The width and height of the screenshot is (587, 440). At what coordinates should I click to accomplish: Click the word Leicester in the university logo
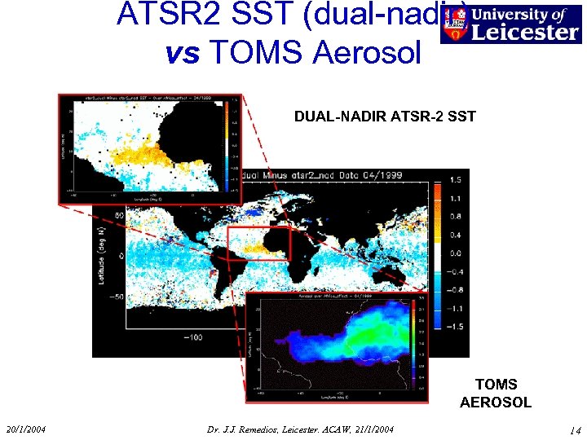[523, 32]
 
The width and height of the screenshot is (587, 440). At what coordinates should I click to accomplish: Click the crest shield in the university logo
[454, 24]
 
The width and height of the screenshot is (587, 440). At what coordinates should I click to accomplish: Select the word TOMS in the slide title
[250, 51]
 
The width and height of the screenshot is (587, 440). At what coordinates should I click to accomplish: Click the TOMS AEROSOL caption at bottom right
[496, 393]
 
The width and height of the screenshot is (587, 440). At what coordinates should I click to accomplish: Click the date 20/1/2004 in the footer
[25, 429]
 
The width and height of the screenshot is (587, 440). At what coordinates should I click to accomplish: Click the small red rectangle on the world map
[258, 244]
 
